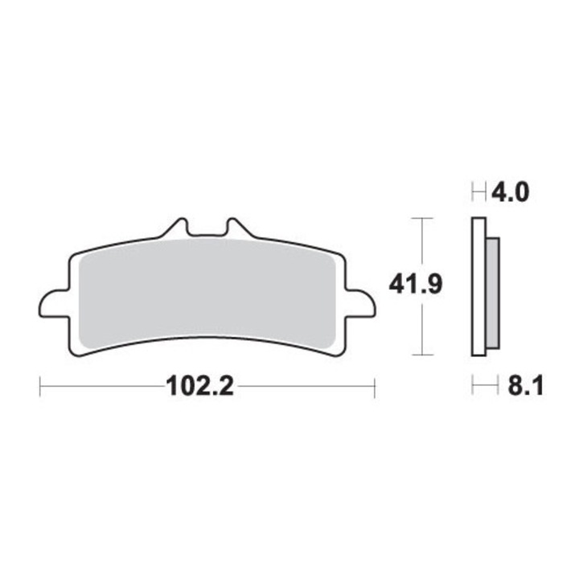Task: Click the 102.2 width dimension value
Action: tap(200, 388)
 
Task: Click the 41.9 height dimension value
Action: tap(416, 285)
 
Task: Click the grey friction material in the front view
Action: tap(207, 294)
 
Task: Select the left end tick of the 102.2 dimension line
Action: tap(40, 388)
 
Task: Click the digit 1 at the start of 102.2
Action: tap(171, 388)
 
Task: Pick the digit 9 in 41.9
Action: tap(432, 285)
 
